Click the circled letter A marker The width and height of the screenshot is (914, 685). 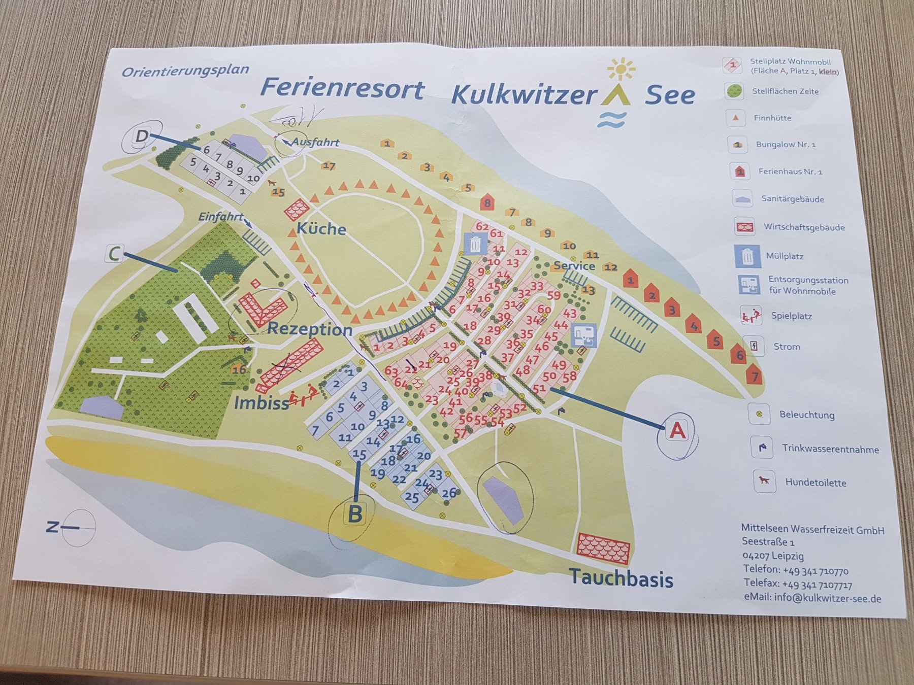click(678, 430)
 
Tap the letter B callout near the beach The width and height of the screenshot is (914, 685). click(354, 514)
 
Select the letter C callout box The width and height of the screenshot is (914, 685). click(114, 253)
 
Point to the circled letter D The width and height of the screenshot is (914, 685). click(142, 135)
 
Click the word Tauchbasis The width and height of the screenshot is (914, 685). click(621, 578)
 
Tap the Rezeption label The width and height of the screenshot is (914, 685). click(309, 329)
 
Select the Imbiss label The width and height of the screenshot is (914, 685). click(261, 403)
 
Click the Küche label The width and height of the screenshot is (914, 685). click(321, 228)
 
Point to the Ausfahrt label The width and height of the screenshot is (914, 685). click(315, 143)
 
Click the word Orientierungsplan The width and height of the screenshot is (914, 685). click(185, 71)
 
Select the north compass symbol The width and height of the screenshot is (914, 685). click(76, 528)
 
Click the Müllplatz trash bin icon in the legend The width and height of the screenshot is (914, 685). click(747, 256)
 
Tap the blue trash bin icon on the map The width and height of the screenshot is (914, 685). click(475, 244)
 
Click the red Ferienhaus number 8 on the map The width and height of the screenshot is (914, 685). click(487, 203)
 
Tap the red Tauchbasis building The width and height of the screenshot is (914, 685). click(604, 549)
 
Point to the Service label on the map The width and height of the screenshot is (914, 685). click(574, 265)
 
